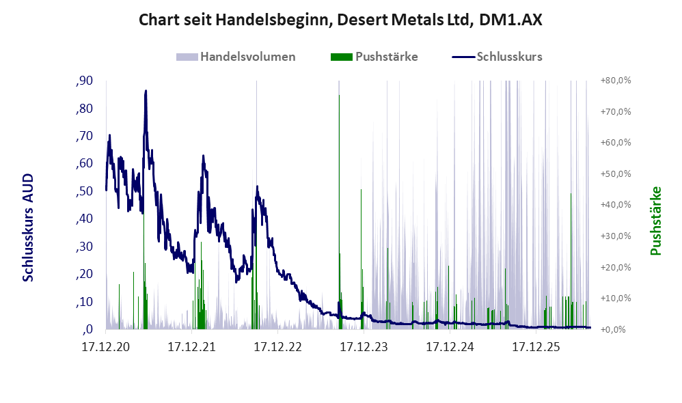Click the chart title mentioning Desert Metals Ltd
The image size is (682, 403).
click(340, 20)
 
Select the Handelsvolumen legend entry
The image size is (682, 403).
click(236, 57)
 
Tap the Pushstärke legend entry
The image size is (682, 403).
click(374, 57)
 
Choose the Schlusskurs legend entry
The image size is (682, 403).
click(497, 57)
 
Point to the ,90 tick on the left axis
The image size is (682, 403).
click(84, 81)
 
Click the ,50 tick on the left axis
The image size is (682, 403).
click(84, 191)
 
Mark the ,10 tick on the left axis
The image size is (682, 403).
click(84, 302)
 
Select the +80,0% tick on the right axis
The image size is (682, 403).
click(616, 81)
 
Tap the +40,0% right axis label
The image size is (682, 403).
click(616, 205)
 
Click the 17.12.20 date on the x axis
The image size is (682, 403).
click(106, 347)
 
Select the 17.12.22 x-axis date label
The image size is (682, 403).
click(278, 347)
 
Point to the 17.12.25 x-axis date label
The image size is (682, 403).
click(536, 347)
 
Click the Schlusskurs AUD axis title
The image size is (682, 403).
click(28, 227)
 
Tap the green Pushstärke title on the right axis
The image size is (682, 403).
click(655, 221)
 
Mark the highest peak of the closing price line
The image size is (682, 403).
click(146, 91)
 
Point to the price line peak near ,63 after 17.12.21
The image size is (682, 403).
click(203, 156)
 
